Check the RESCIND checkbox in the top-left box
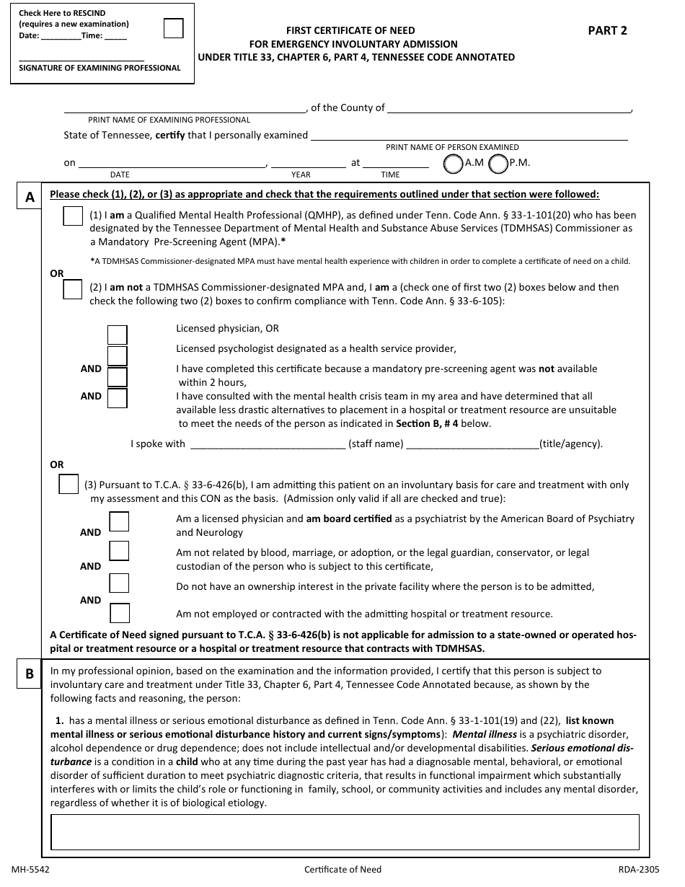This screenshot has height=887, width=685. tap(174, 28)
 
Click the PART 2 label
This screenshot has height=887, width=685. tap(607, 30)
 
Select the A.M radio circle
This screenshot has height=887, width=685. tap(453, 164)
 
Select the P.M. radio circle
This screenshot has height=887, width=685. tap(498, 164)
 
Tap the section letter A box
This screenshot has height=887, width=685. tap(29, 197)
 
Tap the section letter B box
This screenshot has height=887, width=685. tap(29, 674)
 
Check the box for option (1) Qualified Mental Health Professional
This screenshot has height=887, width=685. tap(73, 216)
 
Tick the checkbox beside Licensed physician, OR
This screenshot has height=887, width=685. tap(117, 335)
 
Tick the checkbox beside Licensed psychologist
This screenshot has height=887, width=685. tap(117, 356)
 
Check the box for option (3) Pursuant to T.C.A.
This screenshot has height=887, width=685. tap(68, 485)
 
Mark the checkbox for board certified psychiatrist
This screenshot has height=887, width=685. tap(119, 521)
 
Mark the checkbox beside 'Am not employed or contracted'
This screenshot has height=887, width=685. tap(120, 613)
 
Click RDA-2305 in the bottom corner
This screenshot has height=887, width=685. tap(638, 870)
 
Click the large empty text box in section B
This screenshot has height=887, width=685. tap(345, 832)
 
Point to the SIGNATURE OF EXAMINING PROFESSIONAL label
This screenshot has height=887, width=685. tap(100, 69)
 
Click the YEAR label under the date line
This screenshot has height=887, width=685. tap(301, 175)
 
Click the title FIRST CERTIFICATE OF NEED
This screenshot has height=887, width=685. tap(350, 30)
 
